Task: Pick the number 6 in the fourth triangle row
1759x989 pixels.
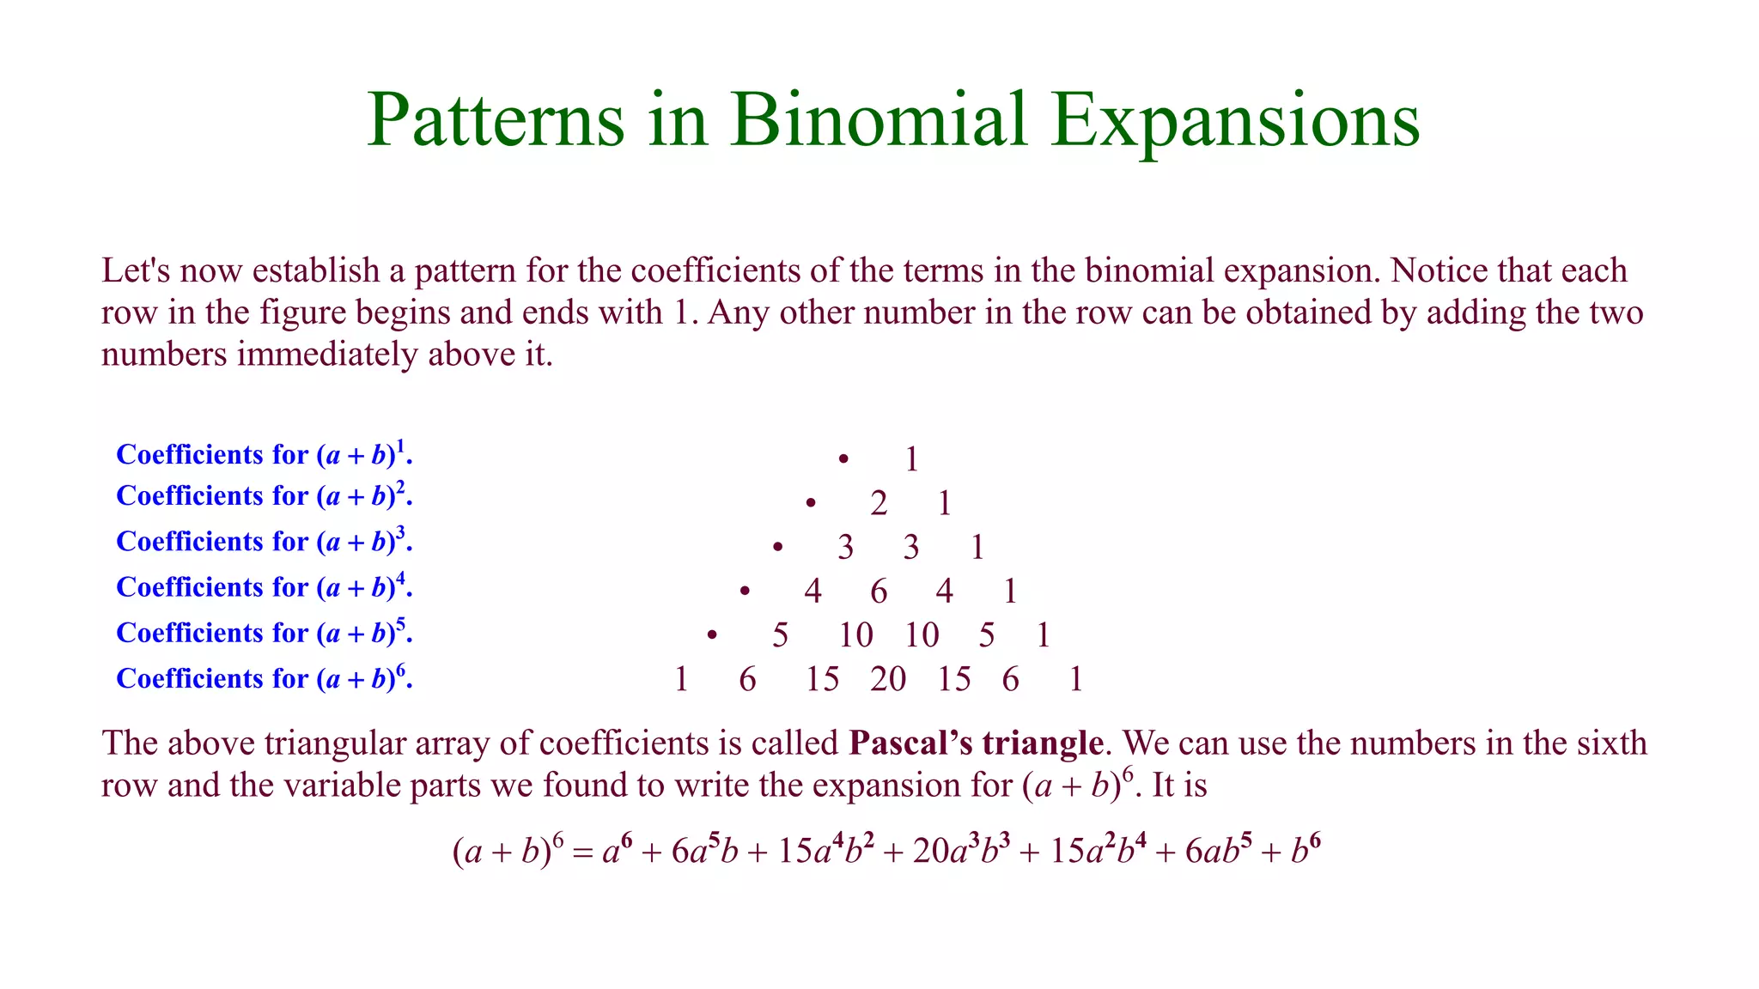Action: coord(878,592)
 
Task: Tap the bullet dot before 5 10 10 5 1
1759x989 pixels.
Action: coord(712,635)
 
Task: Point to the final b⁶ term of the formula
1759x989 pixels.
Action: coord(1306,852)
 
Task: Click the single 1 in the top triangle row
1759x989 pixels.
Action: coord(911,460)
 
